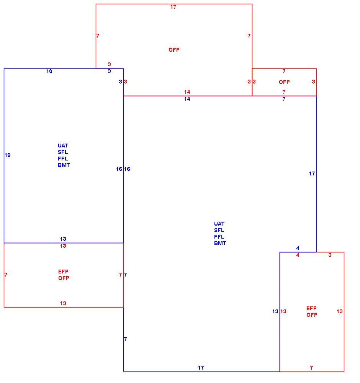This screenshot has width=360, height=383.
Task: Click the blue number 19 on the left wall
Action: [8, 155]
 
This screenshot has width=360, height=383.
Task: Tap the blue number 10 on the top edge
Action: [49, 71]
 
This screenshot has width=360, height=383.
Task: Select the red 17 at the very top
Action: [173, 7]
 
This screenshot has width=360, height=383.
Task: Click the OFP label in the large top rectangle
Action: [174, 50]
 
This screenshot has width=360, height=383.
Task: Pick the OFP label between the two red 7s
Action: [284, 82]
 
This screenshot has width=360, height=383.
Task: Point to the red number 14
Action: [187, 92]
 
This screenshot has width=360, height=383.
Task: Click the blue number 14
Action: [187, 99]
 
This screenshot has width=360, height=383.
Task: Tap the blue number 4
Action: [298, 248]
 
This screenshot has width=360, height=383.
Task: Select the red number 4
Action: [298, 255]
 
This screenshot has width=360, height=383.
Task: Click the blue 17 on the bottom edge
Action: [201, 368]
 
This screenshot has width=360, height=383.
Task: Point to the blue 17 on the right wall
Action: [312, 173]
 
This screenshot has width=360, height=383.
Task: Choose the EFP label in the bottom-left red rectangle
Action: [63, 272]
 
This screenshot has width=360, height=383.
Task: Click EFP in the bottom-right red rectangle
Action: [311, 308]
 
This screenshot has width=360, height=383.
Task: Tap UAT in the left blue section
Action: [63, 146]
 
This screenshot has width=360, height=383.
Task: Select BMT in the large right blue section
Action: [220, 243]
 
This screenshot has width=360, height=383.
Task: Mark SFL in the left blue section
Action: [63, 152]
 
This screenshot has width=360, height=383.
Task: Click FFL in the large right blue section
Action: [219, 237]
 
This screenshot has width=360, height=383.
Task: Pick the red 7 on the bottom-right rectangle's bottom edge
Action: [311, 368]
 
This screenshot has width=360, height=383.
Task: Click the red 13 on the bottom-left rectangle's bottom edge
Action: [63, 303]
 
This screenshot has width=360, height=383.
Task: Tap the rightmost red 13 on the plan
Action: [339, 311]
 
